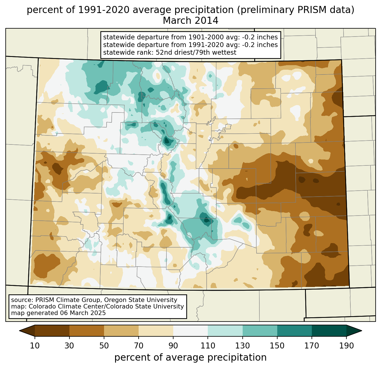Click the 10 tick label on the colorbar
(x=35, y=346)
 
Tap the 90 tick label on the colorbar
(x=173, y=346)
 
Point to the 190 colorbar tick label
(x=346, y=346)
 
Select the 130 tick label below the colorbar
(x=243, y=346)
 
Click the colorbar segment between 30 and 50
(x=87, y=331)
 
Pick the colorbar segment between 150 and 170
(x=294, y=331)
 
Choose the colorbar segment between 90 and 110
(x=190, y=331)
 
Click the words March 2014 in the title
(x=190, y=21)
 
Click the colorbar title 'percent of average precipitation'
(x=190, y=358)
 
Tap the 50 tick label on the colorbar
(x=104, y=346)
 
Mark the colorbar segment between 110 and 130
(x=225, y=331)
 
